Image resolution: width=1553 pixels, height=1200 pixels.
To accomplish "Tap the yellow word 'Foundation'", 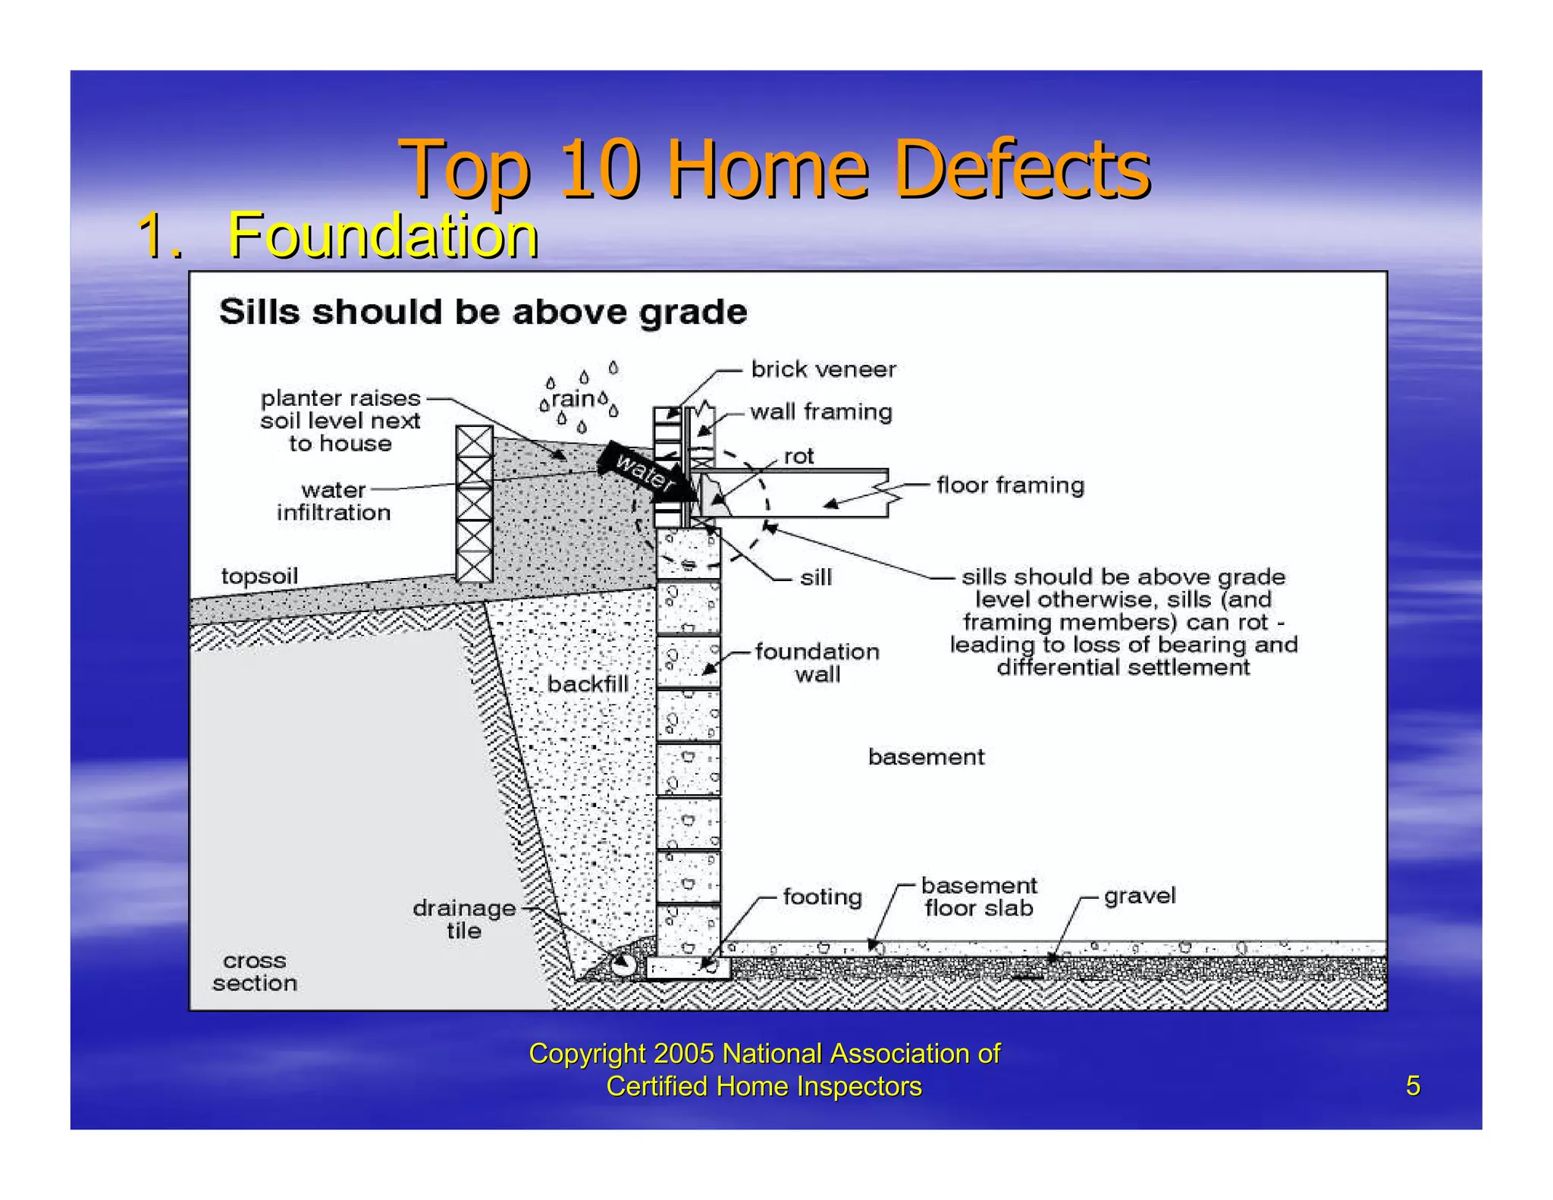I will pyautogui.click(x=383, y=236).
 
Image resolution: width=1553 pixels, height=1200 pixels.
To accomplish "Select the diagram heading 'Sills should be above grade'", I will pyautogui.click(x=483, y=312).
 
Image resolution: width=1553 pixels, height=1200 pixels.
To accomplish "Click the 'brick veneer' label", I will pyautogui.click(x=823, y=369).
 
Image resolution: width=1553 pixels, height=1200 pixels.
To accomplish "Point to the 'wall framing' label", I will pyautogui.click(x=821, y=412).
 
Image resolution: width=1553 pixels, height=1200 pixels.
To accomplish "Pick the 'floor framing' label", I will pyautogui.click(x=1010, y=485).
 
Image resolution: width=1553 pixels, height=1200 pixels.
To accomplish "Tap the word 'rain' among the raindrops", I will pyautogui.click(x=573, y=398).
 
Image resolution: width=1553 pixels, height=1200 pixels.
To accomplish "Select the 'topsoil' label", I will pyautogui.click(x=259, y=576).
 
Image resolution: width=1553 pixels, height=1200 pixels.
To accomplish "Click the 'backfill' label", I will pyautogui.click(x=588, y=684).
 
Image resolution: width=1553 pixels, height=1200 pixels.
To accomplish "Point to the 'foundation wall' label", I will pyautogui.click(x=817, y=662).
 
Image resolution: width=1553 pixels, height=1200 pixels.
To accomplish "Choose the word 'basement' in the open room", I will pyautogui.click(x=926, y=756).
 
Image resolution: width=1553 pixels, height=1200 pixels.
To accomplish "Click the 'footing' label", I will pyautogui.click(x=822, y=897).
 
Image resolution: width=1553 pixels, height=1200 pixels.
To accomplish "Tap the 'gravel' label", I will pyautogui.click(x=1139, y=895).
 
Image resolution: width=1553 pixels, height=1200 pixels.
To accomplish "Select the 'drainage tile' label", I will pyautogui.click(x=464, y=919).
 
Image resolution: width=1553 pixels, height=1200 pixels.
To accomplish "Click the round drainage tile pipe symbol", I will pyautogui.click(x=623, y=964).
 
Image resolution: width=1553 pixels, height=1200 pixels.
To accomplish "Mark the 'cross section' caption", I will pyautogui.click(x=255, y=972).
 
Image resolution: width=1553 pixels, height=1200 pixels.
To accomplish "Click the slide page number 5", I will pyautogui.click(x=1413, y=1085).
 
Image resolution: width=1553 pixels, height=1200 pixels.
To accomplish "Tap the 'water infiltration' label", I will pyautogui.click(x=334, y=501).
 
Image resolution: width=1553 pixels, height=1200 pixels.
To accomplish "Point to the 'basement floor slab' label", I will pyautogui.click(x=978, y=897).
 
